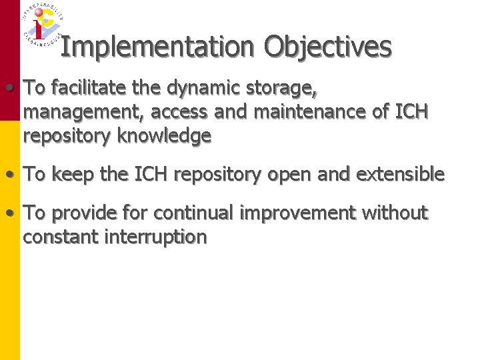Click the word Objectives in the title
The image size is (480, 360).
327,47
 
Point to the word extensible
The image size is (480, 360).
401,175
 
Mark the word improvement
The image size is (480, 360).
297,213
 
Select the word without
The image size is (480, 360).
395,213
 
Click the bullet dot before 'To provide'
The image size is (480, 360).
11,213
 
